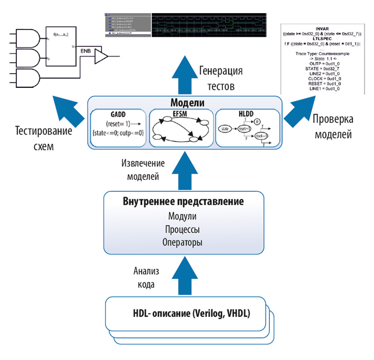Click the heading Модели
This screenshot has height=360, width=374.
184,102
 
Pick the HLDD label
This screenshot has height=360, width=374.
245,113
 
